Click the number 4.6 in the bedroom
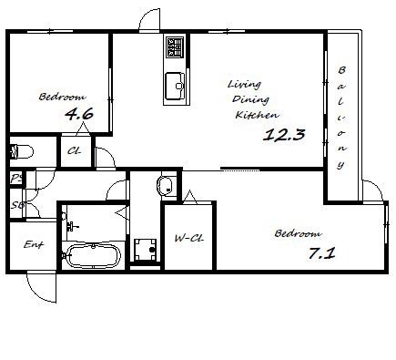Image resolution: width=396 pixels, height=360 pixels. click(x=79, y=114)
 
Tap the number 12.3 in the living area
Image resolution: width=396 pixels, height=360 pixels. click(x=284, y=135)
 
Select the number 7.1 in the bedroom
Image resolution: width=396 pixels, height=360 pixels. click(x=322, y=253)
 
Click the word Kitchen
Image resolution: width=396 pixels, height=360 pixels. click(x=257, y=115)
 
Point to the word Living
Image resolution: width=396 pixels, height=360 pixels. click(x=244, y=84)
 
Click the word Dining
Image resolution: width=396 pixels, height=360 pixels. click(x=250, y=99)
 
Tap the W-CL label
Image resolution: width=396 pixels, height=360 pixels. click(x=188, y=238)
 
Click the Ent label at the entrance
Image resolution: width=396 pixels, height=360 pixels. click(x=34, y=244)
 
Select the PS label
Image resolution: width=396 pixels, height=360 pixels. click(x=16, y=179)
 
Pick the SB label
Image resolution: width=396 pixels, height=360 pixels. click(x=17, y=205)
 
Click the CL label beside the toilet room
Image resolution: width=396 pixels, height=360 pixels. click(x=75, y=150)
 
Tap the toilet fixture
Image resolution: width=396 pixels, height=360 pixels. click(x=21, y=151)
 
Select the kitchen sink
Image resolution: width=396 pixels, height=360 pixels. click(x=175, y=86)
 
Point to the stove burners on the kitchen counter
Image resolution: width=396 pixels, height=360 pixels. click(x=175, y=46)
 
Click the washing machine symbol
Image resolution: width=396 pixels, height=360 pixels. click(x=146, y=250)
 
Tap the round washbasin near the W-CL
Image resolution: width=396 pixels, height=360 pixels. click(x=165, y=185)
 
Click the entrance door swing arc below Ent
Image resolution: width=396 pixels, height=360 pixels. click(x=38, y=289)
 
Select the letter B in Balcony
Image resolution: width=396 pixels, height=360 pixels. click(x=341, y=70)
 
